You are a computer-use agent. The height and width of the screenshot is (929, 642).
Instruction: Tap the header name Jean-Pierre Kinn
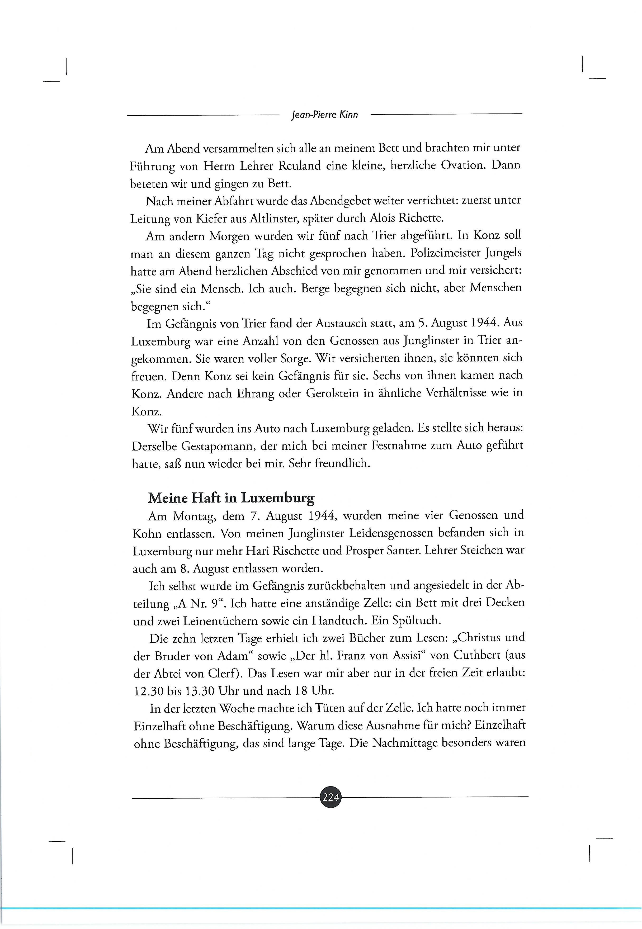324,115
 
